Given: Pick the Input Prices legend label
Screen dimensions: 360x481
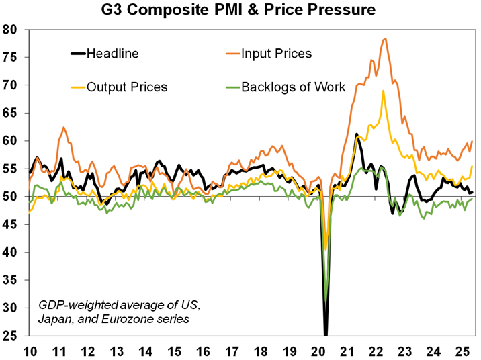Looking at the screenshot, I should point(277,54).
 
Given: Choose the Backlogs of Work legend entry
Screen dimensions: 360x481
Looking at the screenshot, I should point(293,87).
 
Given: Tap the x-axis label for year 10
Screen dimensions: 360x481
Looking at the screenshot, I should point(30,351).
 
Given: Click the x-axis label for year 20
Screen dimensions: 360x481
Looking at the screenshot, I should point(318,351).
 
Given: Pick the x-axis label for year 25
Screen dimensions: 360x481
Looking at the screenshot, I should point(462,351).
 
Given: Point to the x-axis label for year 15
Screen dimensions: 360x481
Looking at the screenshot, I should point(174,351).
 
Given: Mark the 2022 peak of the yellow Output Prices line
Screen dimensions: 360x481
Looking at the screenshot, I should point(383,91).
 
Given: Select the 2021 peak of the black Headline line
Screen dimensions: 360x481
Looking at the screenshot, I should point(356,134).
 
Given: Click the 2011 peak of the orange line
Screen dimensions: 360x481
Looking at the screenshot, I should point(64,127).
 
